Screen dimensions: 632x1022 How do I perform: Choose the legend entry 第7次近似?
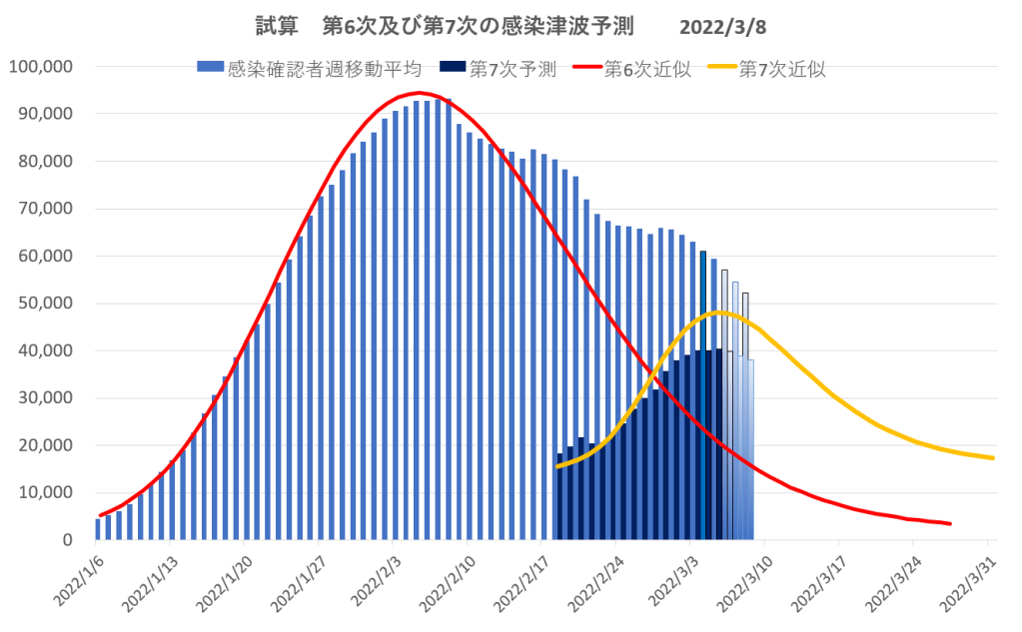pyautogui.click(x=782, y=69)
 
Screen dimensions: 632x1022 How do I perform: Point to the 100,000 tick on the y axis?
pyautogui.click(x=40, y=67)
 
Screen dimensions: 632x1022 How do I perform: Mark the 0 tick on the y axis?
pyautogui.click(x=68, y=540)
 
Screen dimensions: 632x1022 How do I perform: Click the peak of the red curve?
pyautogui.click(x=420, y=93)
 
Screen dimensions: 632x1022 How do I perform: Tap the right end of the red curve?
pyautogui.click(x=950, y=523)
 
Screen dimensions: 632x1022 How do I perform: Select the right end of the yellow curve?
pyautogui.click(x=993, y=458)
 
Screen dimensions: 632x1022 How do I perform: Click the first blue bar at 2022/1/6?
pyautogui.click(x=98, y=529)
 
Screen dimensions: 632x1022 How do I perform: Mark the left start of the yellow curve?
pyautogui.click(x=556, y=466)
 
